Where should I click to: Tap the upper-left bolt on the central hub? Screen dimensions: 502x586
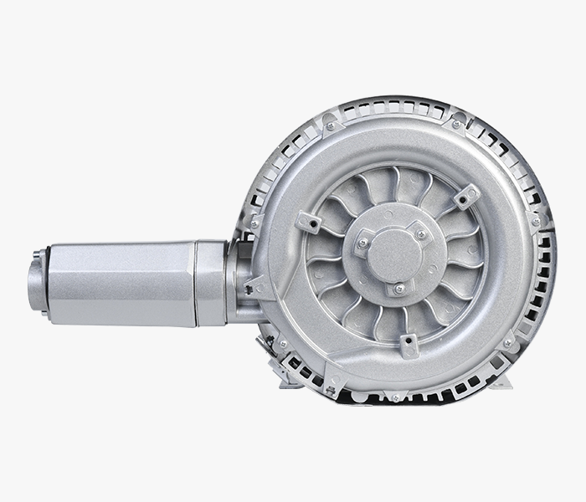pos(362,243)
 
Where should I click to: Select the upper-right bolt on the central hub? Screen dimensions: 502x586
pos(419,235)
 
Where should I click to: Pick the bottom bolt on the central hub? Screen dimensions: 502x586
pos(399,288)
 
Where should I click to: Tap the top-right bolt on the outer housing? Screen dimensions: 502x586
pos(455,125)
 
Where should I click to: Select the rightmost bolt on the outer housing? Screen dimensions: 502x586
pos(534,223)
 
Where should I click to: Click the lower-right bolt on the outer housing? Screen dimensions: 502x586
pos(507,342)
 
